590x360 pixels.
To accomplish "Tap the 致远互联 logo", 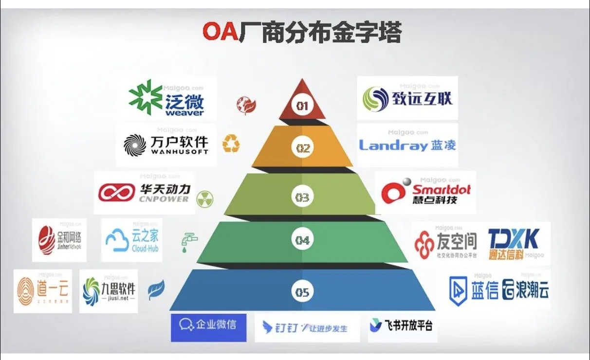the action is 407,98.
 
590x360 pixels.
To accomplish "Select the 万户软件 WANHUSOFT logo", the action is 166,144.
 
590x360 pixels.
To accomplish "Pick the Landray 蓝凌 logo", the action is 407,145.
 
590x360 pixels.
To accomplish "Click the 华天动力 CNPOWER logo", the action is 145,193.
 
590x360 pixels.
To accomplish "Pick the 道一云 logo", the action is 42,291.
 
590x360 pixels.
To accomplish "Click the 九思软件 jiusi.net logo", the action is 109,291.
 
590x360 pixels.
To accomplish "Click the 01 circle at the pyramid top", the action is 302,105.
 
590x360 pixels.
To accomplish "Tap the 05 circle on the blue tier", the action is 302,292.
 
